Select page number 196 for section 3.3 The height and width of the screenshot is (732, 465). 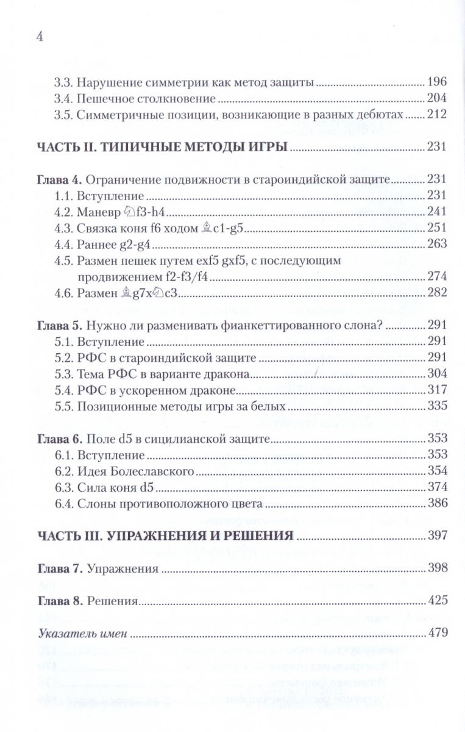(438, 82)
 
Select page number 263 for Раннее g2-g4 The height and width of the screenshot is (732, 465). (438, 245)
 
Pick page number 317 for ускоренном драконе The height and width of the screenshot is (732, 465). (438, 390)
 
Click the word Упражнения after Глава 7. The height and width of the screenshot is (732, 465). (122, 569)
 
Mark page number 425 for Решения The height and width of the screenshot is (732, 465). (438, 600)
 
